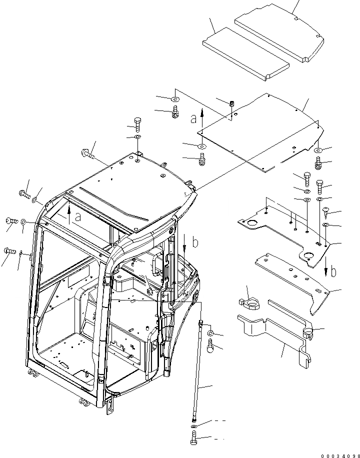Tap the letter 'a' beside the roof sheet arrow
click(x=193, y=119)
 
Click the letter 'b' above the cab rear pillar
click(x=195, y=243)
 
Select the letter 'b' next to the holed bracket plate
click(x=333, y=272)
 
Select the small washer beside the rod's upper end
click(x=211, y=333)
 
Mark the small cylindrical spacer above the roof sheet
click(x=232, y=104)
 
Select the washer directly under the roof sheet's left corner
click(x=201, y=146)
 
